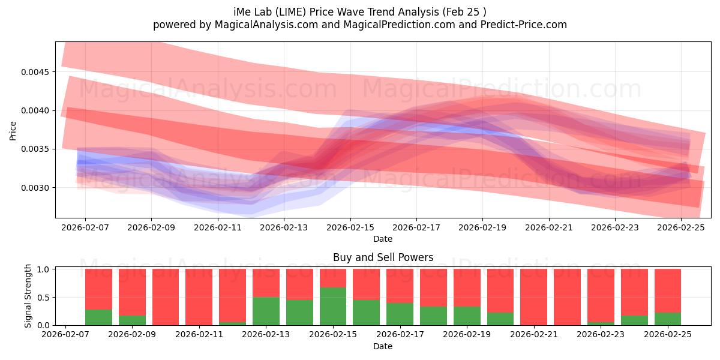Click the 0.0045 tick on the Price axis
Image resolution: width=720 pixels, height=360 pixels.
(x=38, y=72)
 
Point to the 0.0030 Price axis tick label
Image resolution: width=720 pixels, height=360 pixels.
(x=38, y=188)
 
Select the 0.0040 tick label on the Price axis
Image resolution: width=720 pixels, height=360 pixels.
(x=38, y=110)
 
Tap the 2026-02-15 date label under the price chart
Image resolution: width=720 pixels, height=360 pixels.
(x=350, y=228)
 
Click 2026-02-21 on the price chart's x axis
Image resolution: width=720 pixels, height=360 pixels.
(x=549, y=228)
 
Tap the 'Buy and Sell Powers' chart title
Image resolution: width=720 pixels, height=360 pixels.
(x=383, y=257)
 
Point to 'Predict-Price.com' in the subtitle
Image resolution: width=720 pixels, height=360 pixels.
(x=526, y=25)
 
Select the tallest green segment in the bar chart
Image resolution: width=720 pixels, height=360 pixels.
(x=332, y=306)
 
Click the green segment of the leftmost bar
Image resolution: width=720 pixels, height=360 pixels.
(x=98, y=317)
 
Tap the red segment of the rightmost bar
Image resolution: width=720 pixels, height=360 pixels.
(x=667, y=290)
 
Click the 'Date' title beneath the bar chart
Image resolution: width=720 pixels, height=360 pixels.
(x=383, y=346)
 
